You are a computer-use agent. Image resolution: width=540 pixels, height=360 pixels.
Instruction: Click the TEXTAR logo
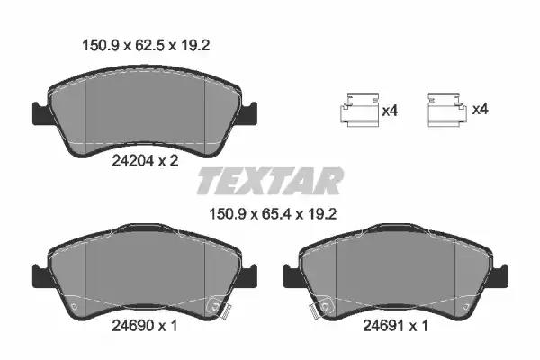pos(270,181)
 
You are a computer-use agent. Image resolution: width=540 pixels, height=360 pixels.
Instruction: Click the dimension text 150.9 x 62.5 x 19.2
pos(146,46)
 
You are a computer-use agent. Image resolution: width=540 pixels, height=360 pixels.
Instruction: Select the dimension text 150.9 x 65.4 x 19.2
pos(273,214)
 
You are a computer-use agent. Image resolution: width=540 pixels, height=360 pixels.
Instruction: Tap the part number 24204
pos(133,161)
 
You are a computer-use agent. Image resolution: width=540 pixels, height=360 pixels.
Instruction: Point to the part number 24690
pos(133,325)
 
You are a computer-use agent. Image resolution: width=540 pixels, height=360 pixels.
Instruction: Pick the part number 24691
pos(384,325)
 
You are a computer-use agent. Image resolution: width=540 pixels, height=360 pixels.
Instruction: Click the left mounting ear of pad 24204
pos(41,113)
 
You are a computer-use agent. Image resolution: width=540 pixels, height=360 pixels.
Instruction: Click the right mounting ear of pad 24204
pos(248,112)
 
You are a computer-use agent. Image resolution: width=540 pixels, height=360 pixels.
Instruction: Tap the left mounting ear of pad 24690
pos(41,275)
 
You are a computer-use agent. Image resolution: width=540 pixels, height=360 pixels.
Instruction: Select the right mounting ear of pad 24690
pos(248,275)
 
